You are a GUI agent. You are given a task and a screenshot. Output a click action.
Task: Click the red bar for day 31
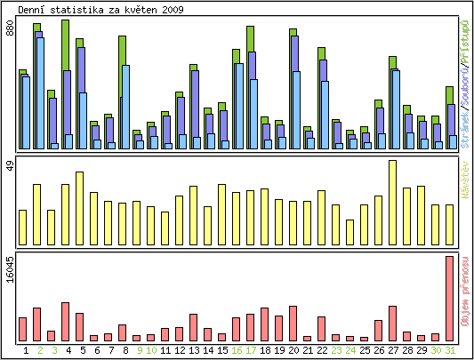click(x=450, y=299)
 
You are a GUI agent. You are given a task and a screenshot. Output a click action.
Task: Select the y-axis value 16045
click(x=10, y=269)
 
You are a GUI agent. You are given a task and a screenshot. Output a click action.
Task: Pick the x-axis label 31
click(x=450, y=350)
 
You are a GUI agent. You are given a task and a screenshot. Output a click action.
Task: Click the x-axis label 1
click(x=27, y=350)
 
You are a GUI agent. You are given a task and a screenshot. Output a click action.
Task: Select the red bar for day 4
click(x=65, y=322)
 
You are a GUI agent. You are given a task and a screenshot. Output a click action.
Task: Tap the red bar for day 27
click(x=392, y=324)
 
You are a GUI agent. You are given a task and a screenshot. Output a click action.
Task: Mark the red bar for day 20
click(x=293, y=324)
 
